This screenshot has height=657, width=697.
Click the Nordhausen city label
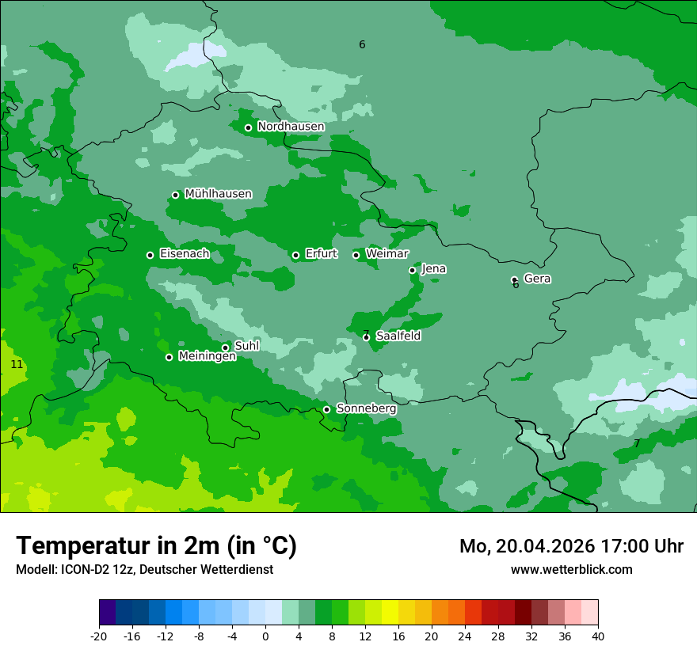click(291, 127)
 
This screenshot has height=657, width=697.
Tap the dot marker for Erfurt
click(295, 255)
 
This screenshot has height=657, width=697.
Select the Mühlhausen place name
click(218, 194)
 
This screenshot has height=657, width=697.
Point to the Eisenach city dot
click(150, 255)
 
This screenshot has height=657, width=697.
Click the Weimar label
click(387, 254)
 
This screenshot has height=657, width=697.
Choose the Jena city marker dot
click(412, 270)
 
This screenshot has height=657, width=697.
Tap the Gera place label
click(537, 279)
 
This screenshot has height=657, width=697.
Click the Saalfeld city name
click(398, 336)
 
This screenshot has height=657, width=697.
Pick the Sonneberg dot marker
click(326, 409)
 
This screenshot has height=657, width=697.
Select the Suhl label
click(246, 346)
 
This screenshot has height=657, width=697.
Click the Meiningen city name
click(207, 356)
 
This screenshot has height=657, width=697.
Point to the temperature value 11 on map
click(17, 364)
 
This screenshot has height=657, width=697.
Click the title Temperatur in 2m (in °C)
click(156, 545)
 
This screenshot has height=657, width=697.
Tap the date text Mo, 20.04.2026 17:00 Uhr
click(571, 546)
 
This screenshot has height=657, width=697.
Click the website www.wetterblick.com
click(571, 569)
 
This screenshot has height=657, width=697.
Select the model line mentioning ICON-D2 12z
click(144, 569)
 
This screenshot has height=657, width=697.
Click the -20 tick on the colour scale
click(99, 636)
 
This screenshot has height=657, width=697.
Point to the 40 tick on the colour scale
click(598, 636)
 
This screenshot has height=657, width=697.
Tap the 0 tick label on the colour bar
click(265, 636)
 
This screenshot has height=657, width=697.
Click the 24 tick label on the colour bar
click(465, 636)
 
